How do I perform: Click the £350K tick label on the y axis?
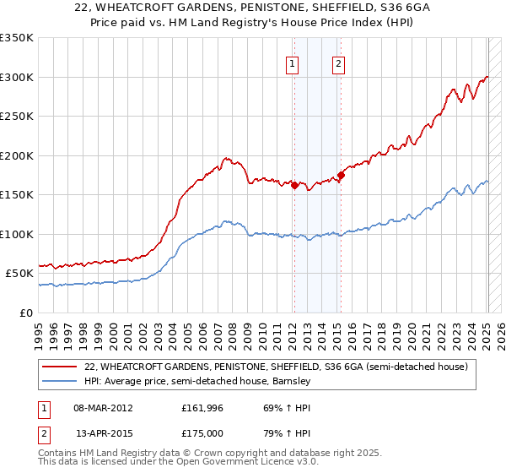[17, 38]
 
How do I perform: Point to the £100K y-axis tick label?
[17, 234]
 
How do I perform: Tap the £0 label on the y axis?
[24, 313]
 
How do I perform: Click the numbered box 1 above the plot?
[292, 63]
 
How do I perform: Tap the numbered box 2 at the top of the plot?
[338, 63]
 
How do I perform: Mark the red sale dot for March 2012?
[294, 186]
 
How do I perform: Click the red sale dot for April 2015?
[341, 176]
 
